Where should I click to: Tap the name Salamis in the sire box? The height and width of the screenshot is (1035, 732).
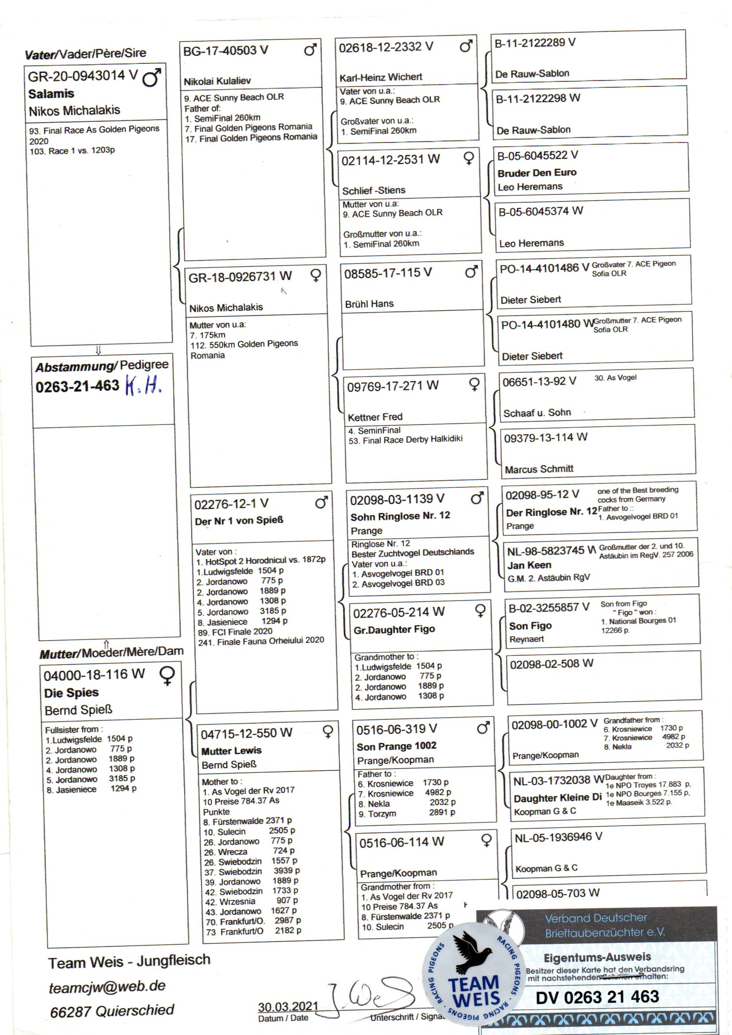51,94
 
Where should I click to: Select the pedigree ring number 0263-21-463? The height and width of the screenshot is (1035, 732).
77,386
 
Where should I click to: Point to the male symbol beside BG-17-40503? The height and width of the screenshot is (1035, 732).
310,50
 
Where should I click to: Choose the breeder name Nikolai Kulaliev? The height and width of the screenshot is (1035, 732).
217,81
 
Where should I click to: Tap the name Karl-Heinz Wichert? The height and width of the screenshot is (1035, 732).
381,77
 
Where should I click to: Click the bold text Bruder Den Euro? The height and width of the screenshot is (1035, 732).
537,173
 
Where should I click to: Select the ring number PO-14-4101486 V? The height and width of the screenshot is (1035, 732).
544,268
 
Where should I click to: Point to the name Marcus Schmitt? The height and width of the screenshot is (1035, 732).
539,469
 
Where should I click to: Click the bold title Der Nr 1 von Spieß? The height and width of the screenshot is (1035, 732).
239,521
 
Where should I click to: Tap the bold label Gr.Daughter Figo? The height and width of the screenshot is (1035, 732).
394,630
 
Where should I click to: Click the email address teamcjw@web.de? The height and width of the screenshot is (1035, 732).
107,986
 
